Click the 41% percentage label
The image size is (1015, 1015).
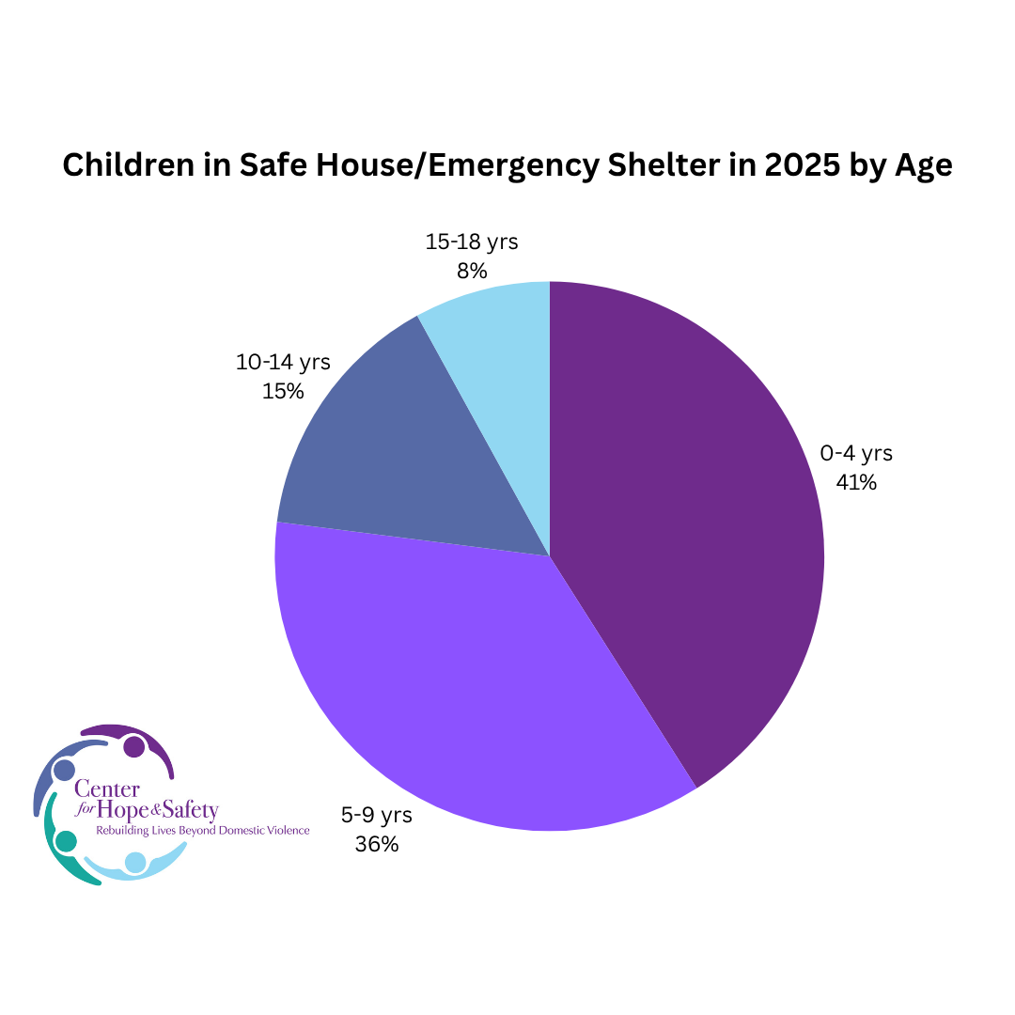point(856,483)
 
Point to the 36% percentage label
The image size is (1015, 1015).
point(377,844)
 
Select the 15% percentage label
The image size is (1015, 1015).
point(283,391)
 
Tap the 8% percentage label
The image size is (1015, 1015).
point(472,271)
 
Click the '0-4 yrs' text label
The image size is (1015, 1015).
point(856,453)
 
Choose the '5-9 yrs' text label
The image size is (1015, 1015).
point(377,814)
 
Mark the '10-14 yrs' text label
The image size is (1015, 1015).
point(283,361)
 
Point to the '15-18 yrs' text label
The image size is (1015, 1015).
point(472,242)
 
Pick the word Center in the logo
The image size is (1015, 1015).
point(104,789)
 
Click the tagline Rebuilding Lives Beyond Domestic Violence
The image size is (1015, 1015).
point(203,831)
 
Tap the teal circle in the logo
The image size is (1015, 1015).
point(66,841)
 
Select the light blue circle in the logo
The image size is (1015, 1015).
point(135,862)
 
